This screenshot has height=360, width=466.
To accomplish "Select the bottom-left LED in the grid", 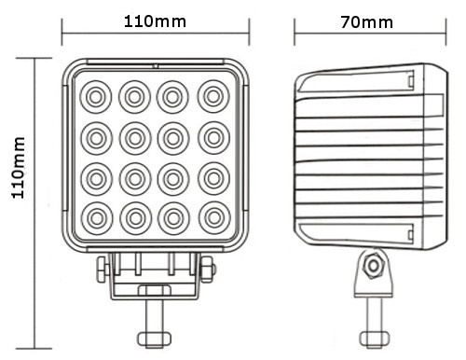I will coord(95,217).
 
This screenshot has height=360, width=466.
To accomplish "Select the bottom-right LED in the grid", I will coord(213,217).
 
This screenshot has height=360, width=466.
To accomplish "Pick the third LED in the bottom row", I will coord(174,217).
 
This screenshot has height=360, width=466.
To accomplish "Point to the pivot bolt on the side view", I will coord(373,266).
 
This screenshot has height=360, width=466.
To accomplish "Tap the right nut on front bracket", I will coord(210,271).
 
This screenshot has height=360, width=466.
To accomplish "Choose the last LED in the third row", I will coord(213,176).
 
